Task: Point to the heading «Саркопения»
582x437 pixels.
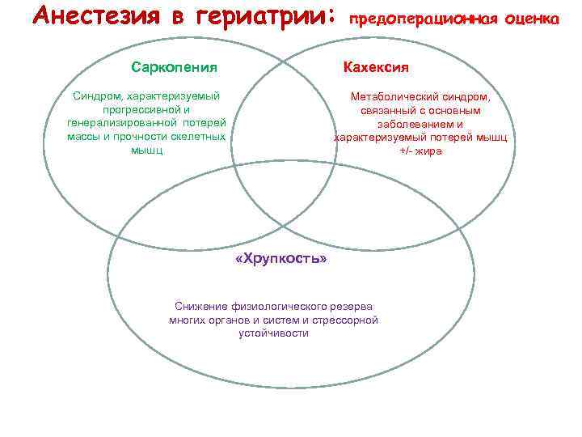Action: click(174, 66)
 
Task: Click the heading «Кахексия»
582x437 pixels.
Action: click(376, 66)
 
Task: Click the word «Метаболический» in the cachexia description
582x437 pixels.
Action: click(391, 96)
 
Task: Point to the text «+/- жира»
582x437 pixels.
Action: click(420, 151)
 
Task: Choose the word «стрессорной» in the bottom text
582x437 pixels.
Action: click(349, 320)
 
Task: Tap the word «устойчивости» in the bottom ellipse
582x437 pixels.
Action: click(273, 333)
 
